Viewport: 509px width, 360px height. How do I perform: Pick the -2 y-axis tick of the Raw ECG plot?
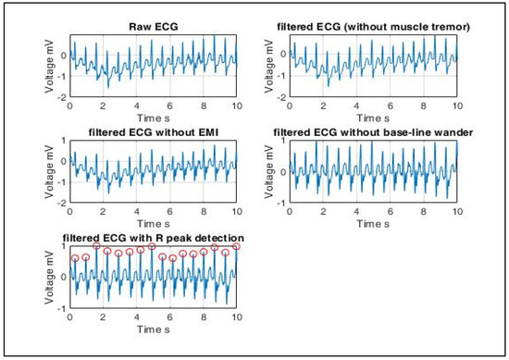pyautogui.click(x=61, y=97)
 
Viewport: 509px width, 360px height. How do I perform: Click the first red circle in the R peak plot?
pyautogui.click(x=75, y=258)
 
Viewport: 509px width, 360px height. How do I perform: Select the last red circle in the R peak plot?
pyautogui.click(x=236, y=246)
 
